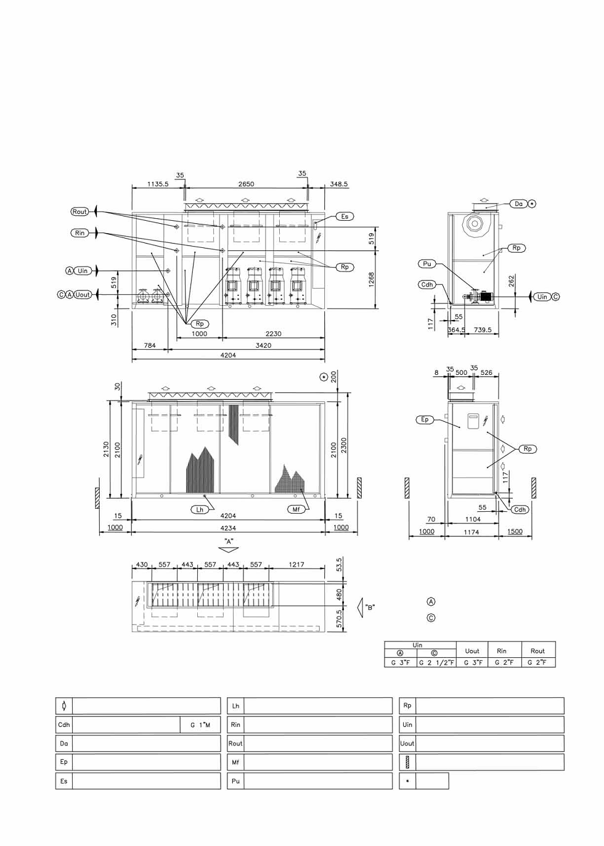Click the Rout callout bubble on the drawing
(80, 212)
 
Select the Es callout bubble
(345, 216)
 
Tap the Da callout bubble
(518, 204)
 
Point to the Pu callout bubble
(427, 264)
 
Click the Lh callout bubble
(200, 509)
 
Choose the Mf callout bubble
(296, 509)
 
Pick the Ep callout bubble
(425, 419)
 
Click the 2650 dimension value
(246, 184)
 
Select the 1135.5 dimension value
(158, 184)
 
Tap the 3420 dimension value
(263, 345)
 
